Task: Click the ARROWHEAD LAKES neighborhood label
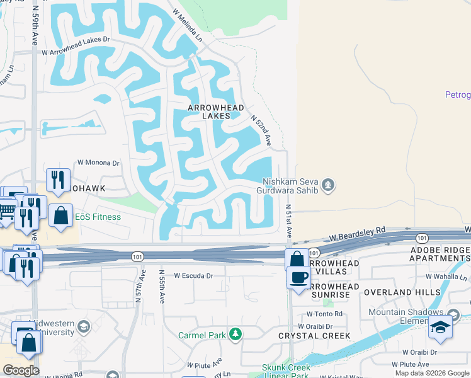pos(215,112)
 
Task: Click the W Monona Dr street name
pos(98,163)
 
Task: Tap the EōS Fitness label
pos(98,217)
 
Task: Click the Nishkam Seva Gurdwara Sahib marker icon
pos(327,185)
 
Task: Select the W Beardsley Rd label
pos(357,235)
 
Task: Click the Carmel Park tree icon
pos(235,334)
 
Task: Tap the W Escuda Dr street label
pos(194,275)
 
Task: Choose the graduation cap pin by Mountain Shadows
pos(440,328)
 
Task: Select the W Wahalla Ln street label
pos(446,277)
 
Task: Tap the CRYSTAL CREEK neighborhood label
pos(310,336)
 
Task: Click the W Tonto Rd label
pos(326,314)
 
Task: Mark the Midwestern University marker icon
pos(84,326)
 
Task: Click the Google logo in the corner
pos(20,370)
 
